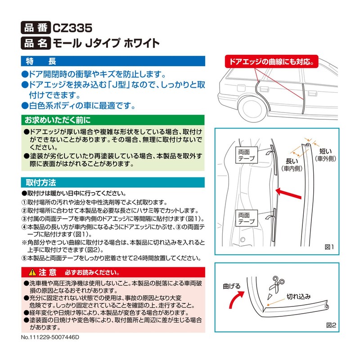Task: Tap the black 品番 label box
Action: [x=36, y=27]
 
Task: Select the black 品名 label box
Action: [x=36, y=44]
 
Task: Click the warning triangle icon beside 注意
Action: [x=31, y=272]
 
